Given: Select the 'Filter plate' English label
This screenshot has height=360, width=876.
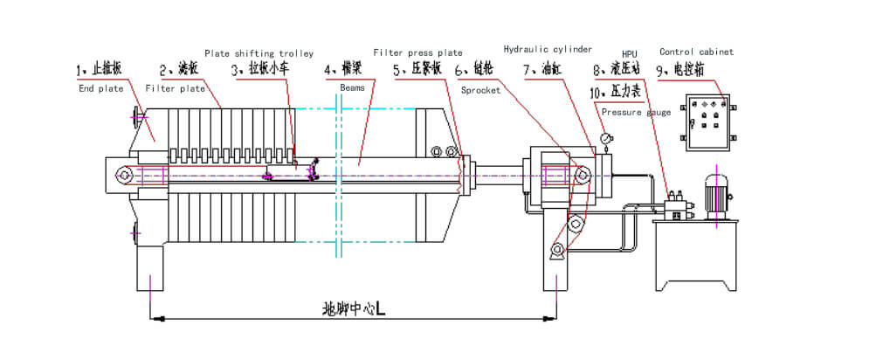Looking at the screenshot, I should (175, 88).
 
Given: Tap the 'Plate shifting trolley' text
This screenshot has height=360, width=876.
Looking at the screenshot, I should (259, 53).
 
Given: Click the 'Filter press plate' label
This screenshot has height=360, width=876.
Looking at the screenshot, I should (417, 53).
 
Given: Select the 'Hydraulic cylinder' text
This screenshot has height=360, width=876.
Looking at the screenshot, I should (548, 49).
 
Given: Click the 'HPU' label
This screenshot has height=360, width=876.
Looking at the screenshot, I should (629, 53).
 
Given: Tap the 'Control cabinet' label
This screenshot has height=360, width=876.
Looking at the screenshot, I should (696, 52).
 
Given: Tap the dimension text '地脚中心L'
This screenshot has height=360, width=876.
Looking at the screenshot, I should (355, 308).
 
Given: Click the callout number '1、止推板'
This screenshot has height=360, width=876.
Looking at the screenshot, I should (98, 69).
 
